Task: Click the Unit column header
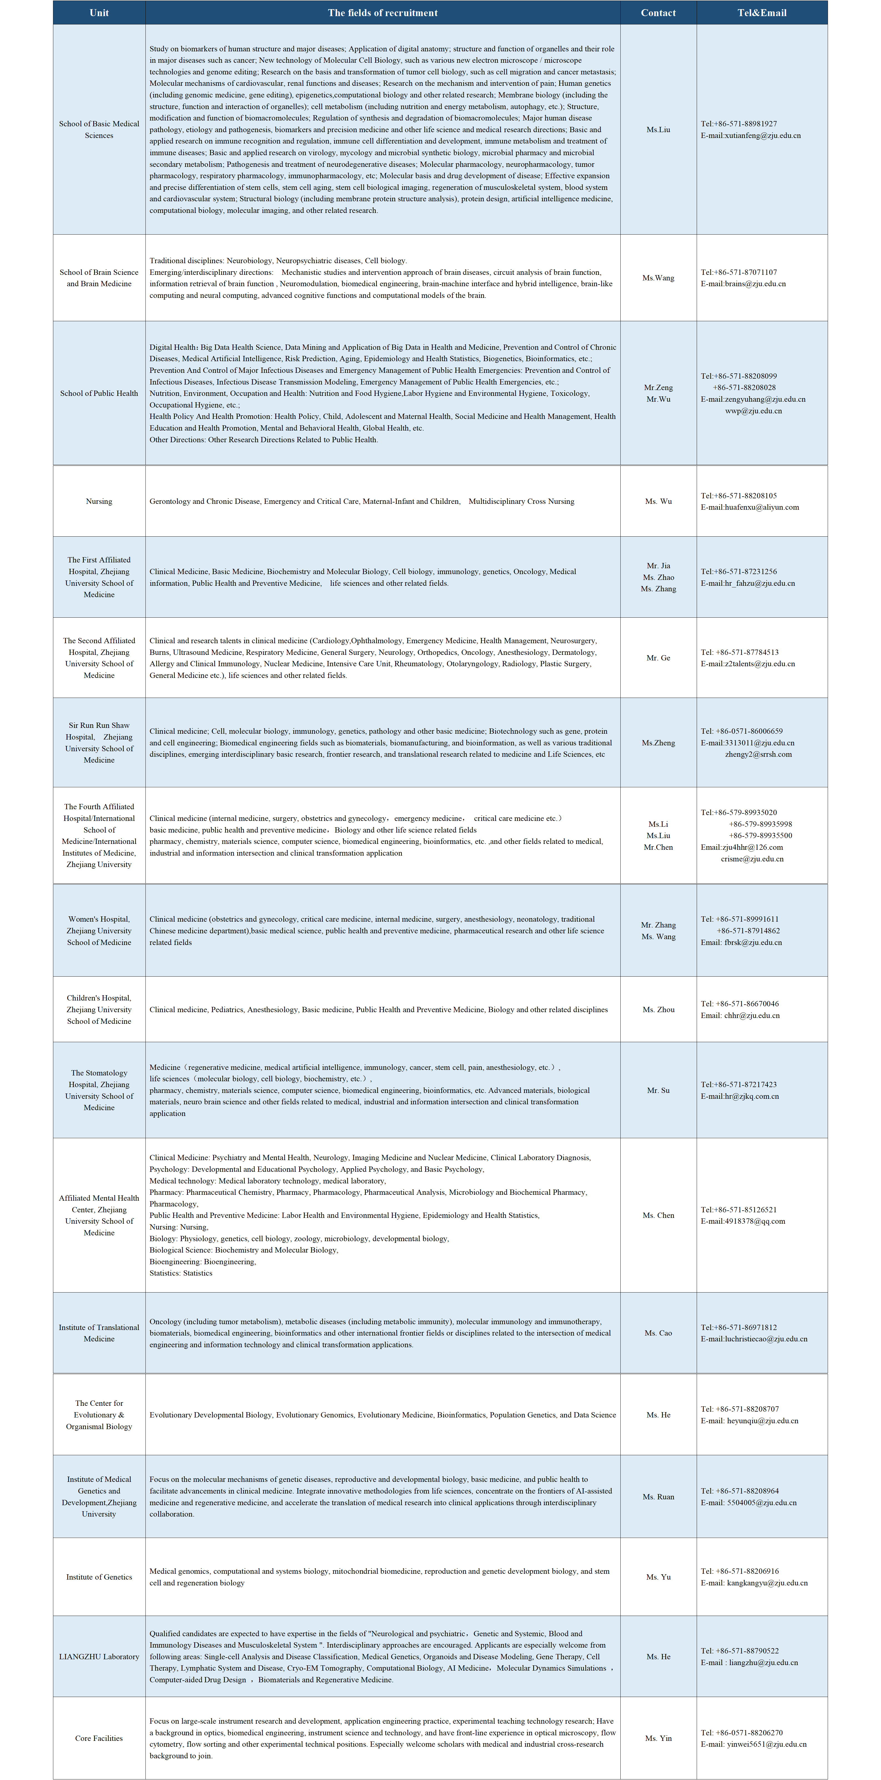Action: tap(99, 12)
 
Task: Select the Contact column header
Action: tap(658, 12)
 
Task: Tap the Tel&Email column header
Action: tap(761, 12)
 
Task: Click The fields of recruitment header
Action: tap(382, 12)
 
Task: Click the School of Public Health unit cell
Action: tap(99, 393)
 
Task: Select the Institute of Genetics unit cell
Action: tap(99, 1577)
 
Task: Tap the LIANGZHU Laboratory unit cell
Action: tap(99, 1656)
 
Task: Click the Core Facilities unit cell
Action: tap(99, 1738)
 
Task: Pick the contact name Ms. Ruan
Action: tap(658, 1497)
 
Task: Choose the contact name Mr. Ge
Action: tap(658, 658)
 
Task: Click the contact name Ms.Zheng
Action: tap(658, 743)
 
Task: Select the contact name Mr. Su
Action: tap(658, 1090)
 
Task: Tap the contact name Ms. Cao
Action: tap(658, 1333)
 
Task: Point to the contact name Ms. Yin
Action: tap(658, 1738)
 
